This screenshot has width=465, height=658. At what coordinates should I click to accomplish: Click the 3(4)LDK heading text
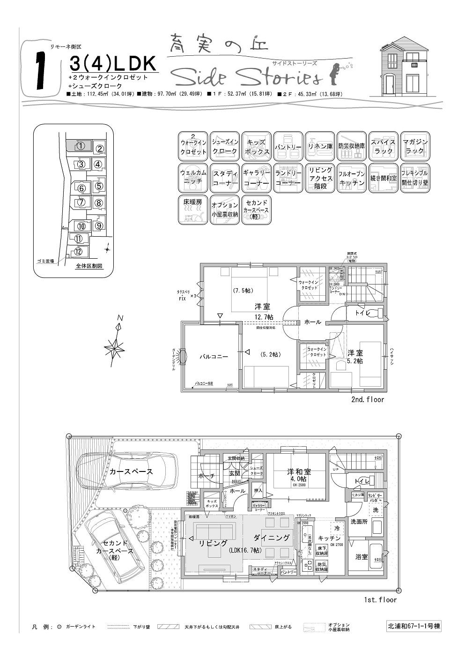tap(112, 64)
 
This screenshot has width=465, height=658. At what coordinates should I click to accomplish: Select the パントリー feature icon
tap(288, 146)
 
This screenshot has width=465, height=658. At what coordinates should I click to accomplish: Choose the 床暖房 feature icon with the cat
tap(192, 209)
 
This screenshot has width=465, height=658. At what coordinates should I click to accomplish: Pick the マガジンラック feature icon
tap(415, 146)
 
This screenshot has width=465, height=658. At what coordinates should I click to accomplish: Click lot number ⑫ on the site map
tap(78, 252)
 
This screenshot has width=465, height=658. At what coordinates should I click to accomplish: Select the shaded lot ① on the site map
tap(80, 145)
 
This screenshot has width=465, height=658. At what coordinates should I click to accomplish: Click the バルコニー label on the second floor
tap(214, 357)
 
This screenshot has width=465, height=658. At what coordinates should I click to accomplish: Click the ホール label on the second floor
tap(312, 322)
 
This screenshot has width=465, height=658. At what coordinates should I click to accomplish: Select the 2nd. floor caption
tap(367, 400)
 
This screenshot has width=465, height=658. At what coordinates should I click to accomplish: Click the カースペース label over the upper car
tap(131, 471)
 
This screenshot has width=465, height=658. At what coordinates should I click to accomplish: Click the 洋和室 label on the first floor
tap(299, 472)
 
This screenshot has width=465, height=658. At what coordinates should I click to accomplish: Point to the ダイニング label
tap(272, 538)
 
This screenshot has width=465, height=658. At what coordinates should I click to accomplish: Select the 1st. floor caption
tap(380, 600)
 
